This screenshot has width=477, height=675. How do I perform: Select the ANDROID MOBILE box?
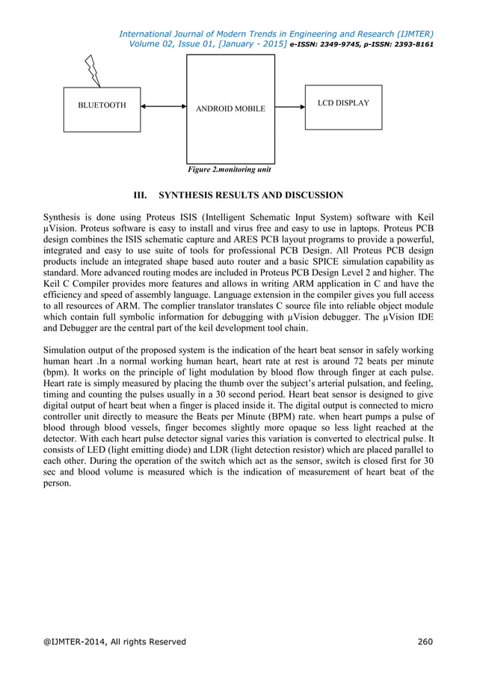click(230, 109)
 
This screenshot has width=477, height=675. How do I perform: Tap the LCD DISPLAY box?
click(343, 103)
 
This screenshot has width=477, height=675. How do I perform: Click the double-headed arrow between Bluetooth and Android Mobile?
click(163, 106)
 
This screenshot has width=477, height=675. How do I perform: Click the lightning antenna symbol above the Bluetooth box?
click(93, 70)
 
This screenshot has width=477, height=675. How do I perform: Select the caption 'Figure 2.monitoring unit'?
click(229, 169)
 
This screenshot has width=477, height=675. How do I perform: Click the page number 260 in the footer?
click(425, 641)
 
